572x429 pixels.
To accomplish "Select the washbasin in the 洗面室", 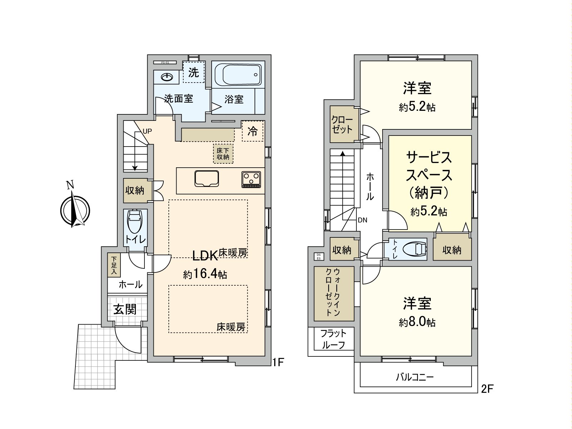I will [x=167, y=77].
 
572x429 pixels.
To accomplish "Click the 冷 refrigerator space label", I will [x=253, y=132].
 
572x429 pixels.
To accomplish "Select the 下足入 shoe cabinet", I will [x=114, y=265].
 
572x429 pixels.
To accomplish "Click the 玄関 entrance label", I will [x=125, y=309].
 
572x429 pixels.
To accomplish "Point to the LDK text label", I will [x=205, y=255].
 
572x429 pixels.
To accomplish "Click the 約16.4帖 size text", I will [x=205, y=275].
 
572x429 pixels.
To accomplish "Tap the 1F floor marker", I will [x=278, y=362].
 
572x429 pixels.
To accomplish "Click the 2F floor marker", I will [x=487, y=388].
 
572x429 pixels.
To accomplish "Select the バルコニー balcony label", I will [x=415, y=377].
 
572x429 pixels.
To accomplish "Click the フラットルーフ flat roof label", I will [x=333, y=339].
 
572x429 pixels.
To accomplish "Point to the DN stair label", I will [x=363, y=220].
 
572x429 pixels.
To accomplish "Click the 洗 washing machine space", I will [x=193, y=73].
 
